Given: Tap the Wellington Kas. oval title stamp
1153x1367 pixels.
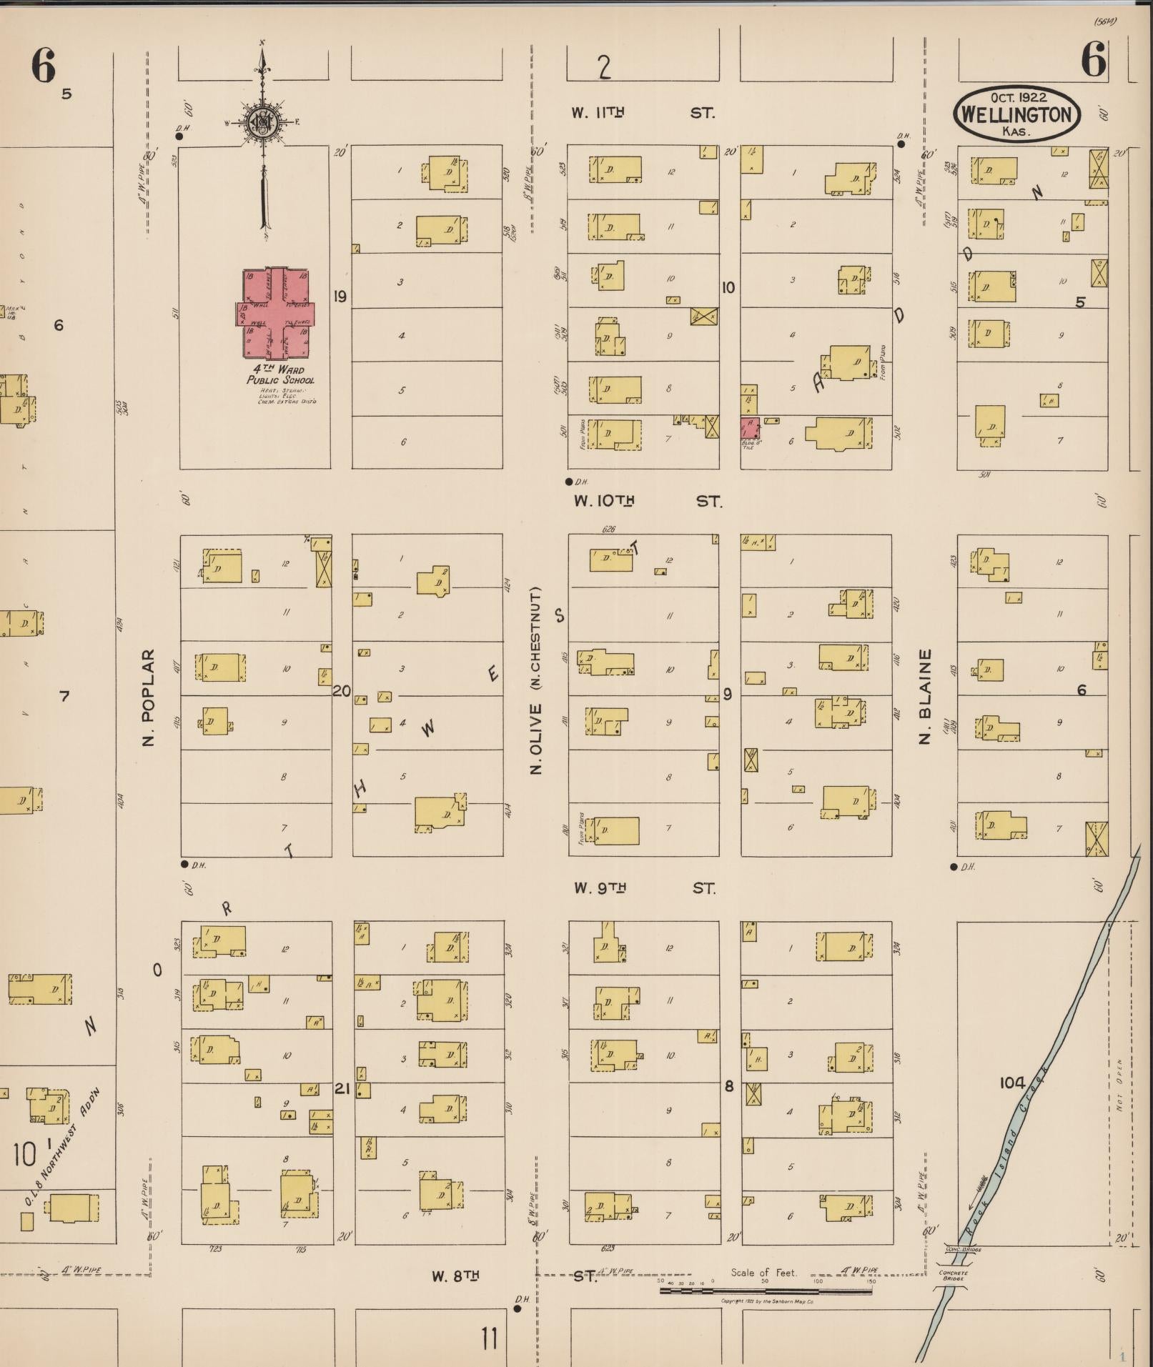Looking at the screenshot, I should click(x=1017, y=114).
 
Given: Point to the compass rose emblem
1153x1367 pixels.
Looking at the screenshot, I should click(x=262, y=122).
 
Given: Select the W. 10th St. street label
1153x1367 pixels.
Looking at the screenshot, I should click(x=647, y=501).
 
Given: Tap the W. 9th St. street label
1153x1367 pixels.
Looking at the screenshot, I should click(x=643, y=888).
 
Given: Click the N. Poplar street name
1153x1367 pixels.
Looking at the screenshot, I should click(x=149, y=697).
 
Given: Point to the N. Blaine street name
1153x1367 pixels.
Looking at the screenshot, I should click(x=926, y=697).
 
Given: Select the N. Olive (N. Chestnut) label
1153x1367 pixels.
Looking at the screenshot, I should click(x=536, y=680).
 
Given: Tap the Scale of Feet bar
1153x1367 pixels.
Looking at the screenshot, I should click(x=765, y=1291).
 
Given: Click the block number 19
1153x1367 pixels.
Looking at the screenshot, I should click(x=340, y=296).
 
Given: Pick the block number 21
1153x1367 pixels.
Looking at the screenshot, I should click(x=342, y=1089).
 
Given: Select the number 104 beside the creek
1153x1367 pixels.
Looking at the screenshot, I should click(x=1012, y=1083).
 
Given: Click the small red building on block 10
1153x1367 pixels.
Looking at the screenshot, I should click(x=750, y=428).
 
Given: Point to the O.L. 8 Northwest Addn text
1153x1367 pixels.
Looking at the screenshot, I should click(x=63, y=1147).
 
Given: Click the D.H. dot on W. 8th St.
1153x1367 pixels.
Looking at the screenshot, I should click(x=518, y=1309).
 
